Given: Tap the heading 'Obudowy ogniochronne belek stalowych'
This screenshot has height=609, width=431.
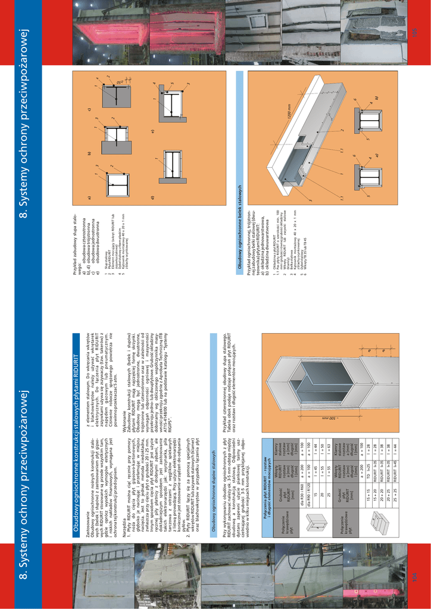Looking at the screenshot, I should coord(240,227).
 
